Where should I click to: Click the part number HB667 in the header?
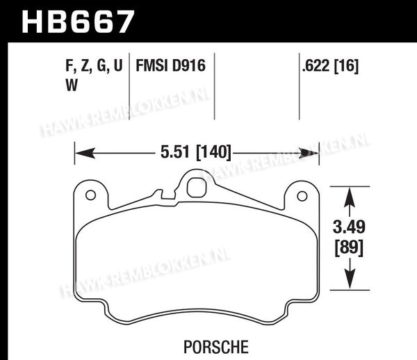click(78, 22)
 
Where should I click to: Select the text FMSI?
click(152, 65)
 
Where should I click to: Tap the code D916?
click(189, 65)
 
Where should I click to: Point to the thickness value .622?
click(316, 65)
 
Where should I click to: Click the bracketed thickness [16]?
click(346, 66)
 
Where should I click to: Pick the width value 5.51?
click(175, 152)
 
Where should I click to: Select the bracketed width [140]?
click(213, 153)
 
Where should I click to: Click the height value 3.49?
click(349, 227)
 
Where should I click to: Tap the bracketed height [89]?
click(349, 248)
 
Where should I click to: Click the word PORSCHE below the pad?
click(216, 347)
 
